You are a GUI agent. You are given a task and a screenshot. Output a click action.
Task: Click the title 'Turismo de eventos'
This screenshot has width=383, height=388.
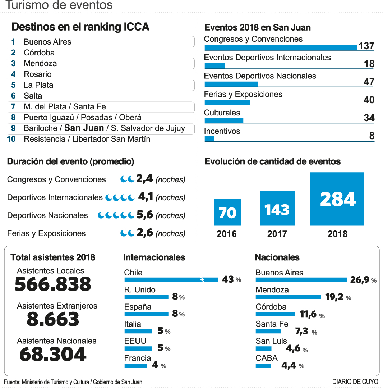tap(59, 5)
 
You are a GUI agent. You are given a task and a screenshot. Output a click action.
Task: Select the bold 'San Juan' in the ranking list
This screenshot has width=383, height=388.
tap(84, 128)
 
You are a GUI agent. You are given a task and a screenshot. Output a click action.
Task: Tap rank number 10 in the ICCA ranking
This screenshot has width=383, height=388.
tap(11, 139)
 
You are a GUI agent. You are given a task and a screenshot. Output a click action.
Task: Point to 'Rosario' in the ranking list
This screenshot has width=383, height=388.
tap(38, 74)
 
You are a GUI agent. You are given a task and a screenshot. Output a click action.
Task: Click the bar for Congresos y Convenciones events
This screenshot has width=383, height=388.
tap(281, 47)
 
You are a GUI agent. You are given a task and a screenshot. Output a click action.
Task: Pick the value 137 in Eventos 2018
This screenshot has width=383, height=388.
tap(366, 46)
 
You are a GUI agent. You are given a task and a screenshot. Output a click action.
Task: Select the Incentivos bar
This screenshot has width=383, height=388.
tap(209, 139)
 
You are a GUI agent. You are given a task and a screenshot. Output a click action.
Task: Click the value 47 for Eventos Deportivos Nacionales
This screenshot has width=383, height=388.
tap(369, 82)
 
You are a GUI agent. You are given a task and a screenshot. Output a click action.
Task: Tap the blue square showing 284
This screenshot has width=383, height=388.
tap(337, 199)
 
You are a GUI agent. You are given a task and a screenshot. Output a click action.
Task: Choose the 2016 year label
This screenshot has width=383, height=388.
tap(227, 234)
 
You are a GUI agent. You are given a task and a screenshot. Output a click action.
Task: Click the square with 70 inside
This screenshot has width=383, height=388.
tap(227, 212)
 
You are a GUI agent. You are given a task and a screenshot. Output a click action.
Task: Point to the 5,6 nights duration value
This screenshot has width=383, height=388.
tap(145, 215)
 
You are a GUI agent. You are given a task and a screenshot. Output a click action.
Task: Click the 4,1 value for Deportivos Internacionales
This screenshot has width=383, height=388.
tap(146, 197)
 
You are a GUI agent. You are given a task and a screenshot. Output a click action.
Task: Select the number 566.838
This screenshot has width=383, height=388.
tap(53, 284)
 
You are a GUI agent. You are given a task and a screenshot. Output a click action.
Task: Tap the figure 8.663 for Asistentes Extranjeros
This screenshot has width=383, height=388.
tap(53, 319)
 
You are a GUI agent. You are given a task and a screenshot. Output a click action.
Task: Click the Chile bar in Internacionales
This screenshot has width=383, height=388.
tap(171, 279)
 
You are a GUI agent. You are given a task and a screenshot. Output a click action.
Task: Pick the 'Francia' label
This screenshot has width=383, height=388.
tap(138, 358)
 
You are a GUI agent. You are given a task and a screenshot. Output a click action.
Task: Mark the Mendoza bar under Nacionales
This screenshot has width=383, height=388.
tap(288, 297)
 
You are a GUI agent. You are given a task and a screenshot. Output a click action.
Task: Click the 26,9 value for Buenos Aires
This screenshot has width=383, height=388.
tap(360, 280)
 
